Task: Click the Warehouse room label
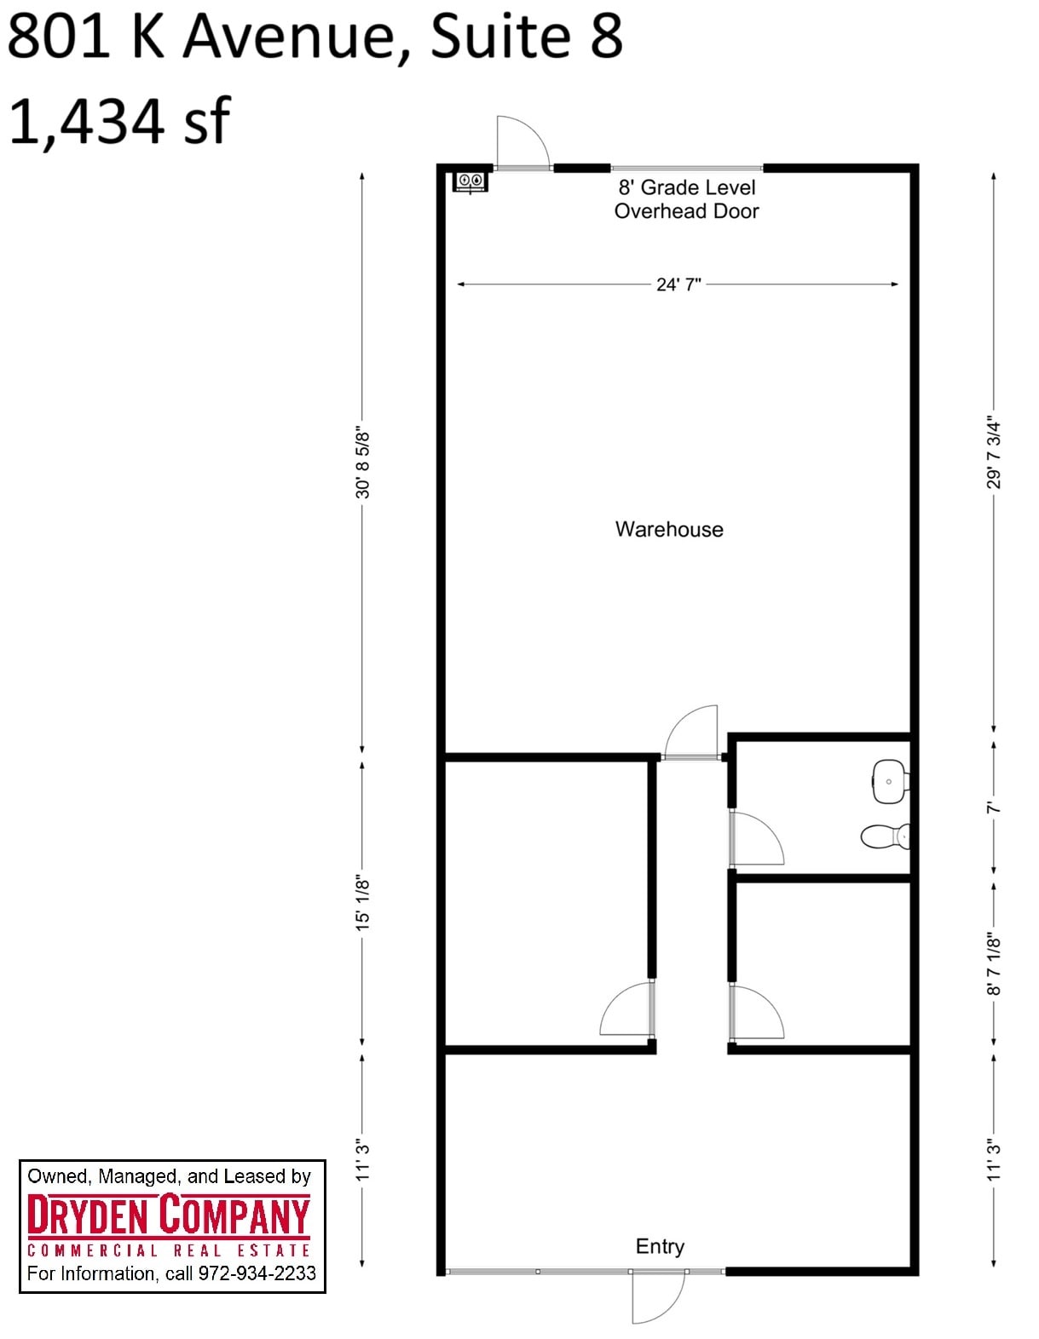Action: (x=669, y=529)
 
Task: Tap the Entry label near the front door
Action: (x=660, y=1246)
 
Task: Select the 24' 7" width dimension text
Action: (x=678, y=284)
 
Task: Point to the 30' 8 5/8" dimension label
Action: (x=363, y=463)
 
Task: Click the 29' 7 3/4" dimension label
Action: (x=994, y=452)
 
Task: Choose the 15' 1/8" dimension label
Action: (x=363, y=901)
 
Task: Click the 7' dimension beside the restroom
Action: (x=994, y=807)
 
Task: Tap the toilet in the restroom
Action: (x=885, y=836)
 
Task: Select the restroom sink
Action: (x=889, y=781)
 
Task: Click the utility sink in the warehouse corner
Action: (x=470, y=181)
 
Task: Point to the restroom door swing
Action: (x=757, y=839)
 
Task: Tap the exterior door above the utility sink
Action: (x=522, y=142)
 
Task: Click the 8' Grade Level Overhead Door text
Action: (x=686, y=199)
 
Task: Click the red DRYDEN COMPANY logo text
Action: (x=169, y=1215)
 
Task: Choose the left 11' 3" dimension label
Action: (x=363, y=1160)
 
